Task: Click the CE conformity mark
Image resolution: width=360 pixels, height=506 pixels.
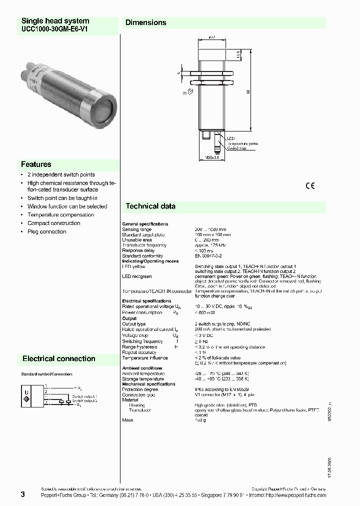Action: [x=310, y=186]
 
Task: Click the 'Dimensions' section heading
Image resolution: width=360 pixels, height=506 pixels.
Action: [x=145, y=22]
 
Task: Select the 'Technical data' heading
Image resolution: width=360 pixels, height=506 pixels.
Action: [x=150, y=206]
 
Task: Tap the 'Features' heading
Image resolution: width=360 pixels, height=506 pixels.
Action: [x=36, y=164]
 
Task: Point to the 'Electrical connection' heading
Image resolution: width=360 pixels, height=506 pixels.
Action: [x=58, y=358]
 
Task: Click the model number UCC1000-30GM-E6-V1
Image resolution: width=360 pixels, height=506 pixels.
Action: [x=54, y=29]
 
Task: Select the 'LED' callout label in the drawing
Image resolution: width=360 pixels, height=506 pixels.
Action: [x=230, y=138]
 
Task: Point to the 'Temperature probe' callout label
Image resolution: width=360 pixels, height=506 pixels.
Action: [x=242, y=143]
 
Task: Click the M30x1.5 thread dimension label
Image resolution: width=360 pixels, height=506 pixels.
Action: [x=212, y=157]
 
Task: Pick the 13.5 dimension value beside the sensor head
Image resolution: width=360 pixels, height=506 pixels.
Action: [x=238, y=53]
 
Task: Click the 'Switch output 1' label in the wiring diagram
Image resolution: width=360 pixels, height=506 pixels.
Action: [x=84, y=396]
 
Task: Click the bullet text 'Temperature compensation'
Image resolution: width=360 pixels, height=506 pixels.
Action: [x=60, y=215]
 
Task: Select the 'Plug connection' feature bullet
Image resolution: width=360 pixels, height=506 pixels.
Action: [x=46, y=232]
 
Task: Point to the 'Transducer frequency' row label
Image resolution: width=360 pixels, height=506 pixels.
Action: [x=144, y=245]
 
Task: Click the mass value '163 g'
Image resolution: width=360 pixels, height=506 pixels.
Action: [x=200, y=420]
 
